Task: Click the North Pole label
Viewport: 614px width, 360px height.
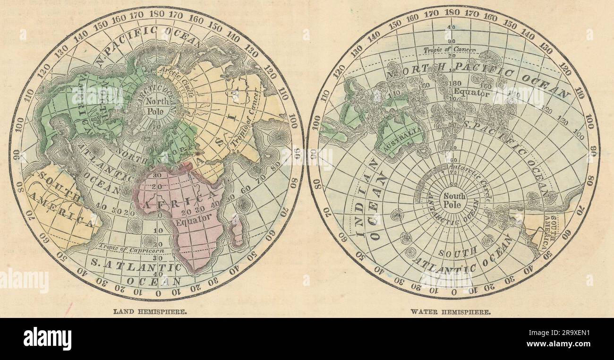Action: [153, 105]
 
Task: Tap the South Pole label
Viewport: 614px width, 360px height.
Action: [454, 200]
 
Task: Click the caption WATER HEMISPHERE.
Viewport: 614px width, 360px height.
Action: [451, 312]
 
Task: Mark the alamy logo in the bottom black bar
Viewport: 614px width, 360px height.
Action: [47, 339]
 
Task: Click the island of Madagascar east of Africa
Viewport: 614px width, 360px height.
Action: [238, 231]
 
